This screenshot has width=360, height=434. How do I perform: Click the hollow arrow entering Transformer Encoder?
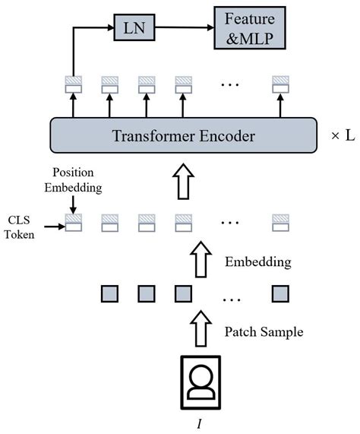click(183, 182)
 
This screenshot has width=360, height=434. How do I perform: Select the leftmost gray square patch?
click(109, 294)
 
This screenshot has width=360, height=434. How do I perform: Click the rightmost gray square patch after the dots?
click(280, 294)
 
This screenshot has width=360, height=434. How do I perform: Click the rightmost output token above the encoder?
click(280, 85)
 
